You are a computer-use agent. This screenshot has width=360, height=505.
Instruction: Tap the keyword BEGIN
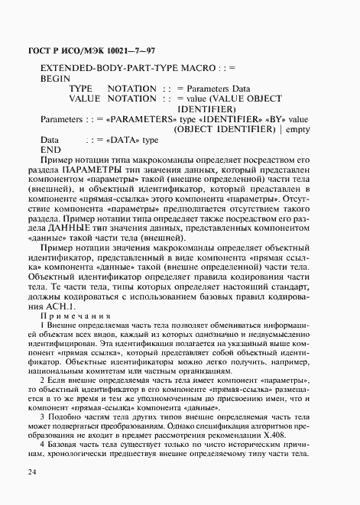pyautogui.click(x=54, y=78)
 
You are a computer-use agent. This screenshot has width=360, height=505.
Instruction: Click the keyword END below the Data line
pyautogui.click(x=50, y=151)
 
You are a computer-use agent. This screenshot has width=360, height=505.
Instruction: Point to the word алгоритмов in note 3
pyautogui.click(x=266, y=423)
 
